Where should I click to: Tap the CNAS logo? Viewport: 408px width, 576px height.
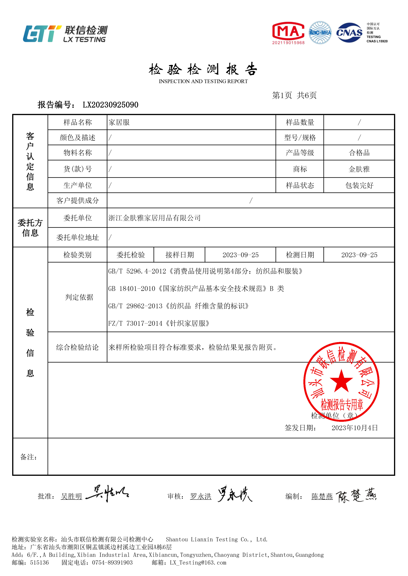point(349,33)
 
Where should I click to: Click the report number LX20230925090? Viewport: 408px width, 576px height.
point(111,105)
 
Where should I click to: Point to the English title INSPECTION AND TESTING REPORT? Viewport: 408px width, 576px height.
point(203,81)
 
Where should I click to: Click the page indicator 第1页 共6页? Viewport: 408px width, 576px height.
point(294,95)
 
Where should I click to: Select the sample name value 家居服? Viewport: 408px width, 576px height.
point(119,122)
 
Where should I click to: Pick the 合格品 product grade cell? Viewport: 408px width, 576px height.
point(359,153)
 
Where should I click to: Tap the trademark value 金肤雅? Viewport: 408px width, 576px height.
point(359,169)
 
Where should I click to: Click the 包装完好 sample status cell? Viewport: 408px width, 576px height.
point(359,185)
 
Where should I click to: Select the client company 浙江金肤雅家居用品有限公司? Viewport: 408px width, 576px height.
point(154,218)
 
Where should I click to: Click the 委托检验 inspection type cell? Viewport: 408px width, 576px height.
point(131,255)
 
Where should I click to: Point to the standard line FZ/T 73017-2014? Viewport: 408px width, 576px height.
point(159,323)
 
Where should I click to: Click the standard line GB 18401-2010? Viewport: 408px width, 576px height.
point(196,289)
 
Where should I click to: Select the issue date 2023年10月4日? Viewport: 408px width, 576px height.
point(355,428)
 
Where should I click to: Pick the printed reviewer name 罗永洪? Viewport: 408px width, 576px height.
point(201,496)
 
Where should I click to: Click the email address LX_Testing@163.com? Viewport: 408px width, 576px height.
point(198,563)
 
